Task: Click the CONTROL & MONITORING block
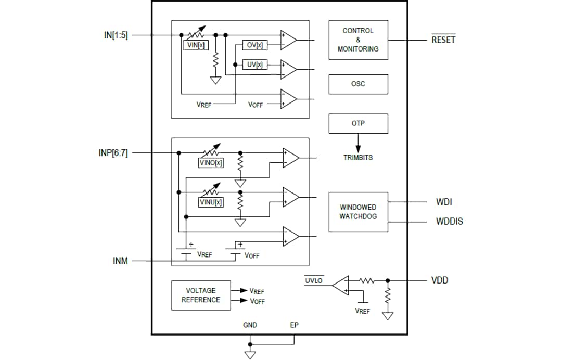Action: [358, 40]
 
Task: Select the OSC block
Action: [358, 84]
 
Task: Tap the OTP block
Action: [358, 123]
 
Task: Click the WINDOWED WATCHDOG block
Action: [358, 212]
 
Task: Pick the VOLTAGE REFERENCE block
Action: [201, 295]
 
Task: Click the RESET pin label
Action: [443, 40]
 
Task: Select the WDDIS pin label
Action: [449, 222]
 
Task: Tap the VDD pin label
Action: [440, 280]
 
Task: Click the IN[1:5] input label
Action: [116, 35]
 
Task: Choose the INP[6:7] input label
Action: [113, 153]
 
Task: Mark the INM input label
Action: [120, 261]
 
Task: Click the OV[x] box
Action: [254, 45]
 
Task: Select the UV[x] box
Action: [254, 65]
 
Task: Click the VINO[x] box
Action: [211, 163]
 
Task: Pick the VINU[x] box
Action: [211, 202]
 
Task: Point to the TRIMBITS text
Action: [358, 158]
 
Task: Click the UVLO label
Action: [313, 281]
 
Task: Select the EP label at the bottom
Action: [294, 325]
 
